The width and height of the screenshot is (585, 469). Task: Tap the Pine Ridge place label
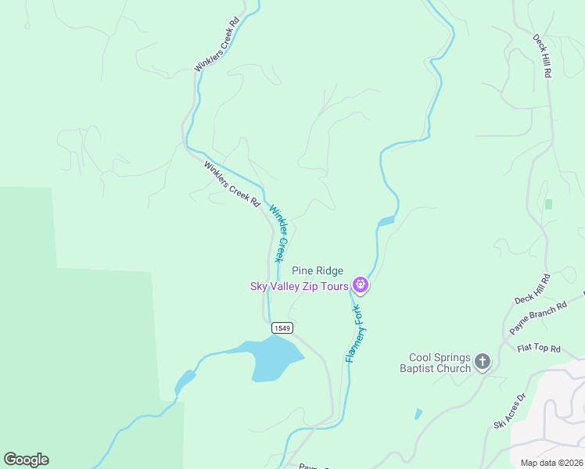318,270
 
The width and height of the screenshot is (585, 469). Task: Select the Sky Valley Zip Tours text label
299,286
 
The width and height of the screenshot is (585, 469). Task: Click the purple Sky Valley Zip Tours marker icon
361,285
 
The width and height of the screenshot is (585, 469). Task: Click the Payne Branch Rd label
537,319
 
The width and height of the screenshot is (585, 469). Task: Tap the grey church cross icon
483,362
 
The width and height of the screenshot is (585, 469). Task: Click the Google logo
26,460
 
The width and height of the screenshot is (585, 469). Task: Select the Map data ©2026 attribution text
551,463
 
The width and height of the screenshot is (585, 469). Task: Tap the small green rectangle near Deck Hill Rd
548,204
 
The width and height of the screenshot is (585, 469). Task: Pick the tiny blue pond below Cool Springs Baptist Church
418,414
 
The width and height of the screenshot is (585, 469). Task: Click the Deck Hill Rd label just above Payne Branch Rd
533,289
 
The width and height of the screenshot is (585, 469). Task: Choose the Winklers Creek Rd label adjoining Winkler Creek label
231,184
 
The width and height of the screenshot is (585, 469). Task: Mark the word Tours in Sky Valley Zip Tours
332,286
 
